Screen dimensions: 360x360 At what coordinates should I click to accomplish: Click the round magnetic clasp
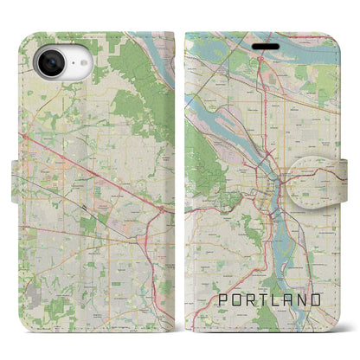point(326,177)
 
